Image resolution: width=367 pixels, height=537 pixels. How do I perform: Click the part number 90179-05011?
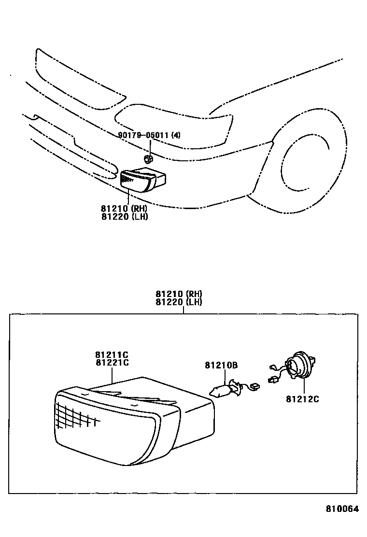pos(143,136)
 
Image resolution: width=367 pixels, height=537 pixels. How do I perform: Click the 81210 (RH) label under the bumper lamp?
pos(124,209)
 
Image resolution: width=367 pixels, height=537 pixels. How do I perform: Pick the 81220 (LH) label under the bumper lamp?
pos(124,216)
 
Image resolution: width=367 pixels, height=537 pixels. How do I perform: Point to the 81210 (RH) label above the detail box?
pos(179,294)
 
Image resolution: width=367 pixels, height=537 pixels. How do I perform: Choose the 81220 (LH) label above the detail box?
pos(179,302)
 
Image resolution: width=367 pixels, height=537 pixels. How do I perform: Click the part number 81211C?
pos(112,355)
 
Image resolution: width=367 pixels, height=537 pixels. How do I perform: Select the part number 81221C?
pos(112,363)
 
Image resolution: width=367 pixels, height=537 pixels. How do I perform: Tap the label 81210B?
pos(221,366)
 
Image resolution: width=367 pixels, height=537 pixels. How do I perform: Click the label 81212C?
pos(302,399)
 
